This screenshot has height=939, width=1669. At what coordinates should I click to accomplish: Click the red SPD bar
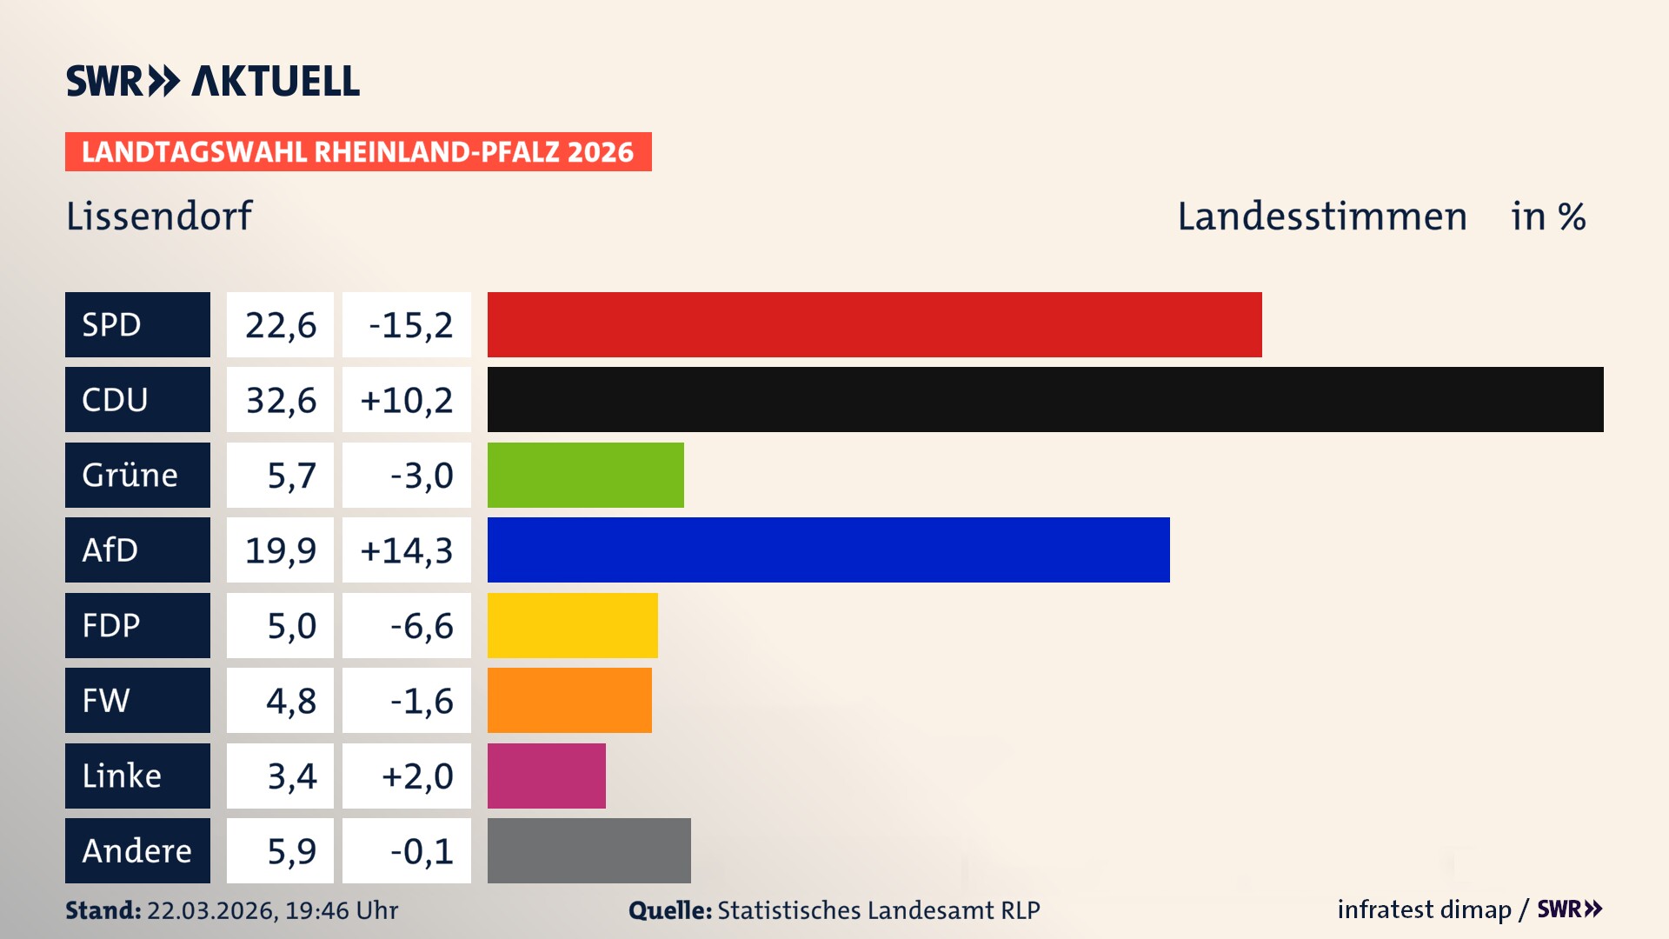(874, 324)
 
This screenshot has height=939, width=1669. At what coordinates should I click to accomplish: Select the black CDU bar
(1045, 399)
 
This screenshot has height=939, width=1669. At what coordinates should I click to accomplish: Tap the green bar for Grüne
(585, 475)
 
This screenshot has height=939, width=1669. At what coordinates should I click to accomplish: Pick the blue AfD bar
(828, 549)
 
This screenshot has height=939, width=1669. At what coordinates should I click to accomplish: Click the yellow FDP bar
(572, 625)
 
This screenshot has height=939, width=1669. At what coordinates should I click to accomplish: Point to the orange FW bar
(569, 700)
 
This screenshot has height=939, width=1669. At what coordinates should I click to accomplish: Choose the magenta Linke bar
(546, 776)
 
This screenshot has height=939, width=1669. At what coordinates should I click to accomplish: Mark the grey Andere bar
(588, 850)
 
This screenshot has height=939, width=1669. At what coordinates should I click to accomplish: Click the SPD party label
(137, 324)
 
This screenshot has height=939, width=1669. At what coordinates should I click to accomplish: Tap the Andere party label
(137, 850)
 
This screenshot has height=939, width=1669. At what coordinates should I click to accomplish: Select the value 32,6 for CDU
(280, 400)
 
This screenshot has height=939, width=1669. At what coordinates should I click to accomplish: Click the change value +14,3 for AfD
(406, 550)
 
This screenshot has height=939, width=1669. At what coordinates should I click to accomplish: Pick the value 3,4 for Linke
(291, 776)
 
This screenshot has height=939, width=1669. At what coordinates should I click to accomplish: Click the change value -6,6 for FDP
(422, 626)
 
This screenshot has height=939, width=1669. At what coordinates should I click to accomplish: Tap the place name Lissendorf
(159, 216)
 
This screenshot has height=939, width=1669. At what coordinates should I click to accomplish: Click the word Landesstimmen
(1321, 216)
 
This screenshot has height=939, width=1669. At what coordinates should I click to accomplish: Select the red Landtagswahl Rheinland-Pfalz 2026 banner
(358, 151)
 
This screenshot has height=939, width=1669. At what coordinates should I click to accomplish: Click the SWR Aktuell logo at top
(213, 81)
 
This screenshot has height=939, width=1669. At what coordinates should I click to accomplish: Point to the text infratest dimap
(1424, 909)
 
